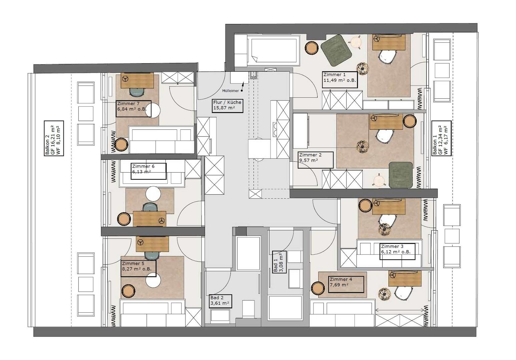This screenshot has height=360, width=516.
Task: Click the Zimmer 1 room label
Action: (340, 80)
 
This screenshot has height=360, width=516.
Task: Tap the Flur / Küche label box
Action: (227, 106)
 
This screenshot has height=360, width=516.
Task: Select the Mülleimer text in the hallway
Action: (230, 91)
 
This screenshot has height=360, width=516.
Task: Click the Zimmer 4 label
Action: (346, 284)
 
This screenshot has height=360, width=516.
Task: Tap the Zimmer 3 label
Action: (397, 251)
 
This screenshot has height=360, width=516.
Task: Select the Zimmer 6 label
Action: (148, 171)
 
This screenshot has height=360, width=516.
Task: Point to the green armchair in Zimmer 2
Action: (401, 175)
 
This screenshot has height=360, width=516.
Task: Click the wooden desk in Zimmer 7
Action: (137, 80)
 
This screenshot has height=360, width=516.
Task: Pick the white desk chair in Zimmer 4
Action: (403, 294)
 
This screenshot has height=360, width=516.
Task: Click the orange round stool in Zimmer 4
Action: (319, 289)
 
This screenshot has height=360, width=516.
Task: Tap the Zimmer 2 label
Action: (316, 160)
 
